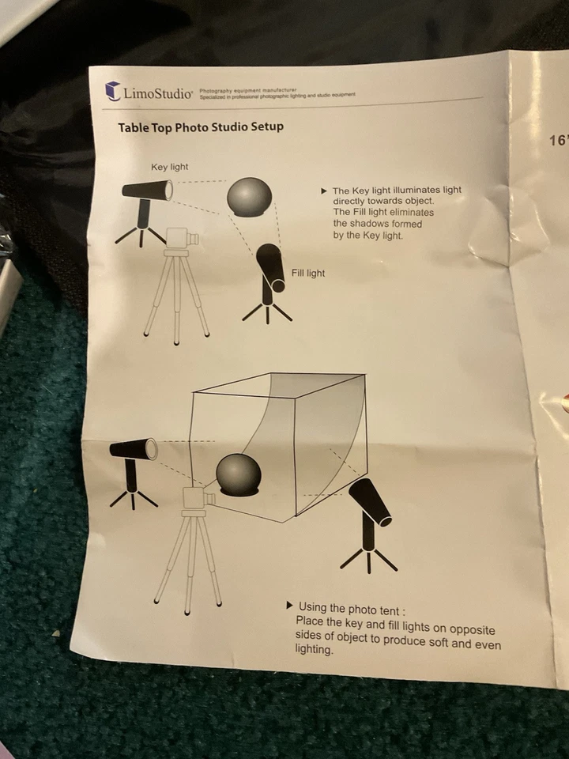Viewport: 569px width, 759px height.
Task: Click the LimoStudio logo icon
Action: click(113, 92)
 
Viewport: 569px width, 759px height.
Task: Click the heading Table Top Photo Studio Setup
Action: click(201, 126)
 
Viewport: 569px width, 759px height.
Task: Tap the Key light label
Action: click(170, 167)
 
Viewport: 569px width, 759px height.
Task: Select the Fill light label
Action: click(308, 273)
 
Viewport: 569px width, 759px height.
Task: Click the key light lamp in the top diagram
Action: click(148, 192)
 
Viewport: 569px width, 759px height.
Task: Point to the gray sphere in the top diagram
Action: click(250, 197)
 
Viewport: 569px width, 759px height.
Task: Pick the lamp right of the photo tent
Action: click(369, 501)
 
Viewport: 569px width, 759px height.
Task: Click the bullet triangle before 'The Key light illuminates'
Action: click(324, 191)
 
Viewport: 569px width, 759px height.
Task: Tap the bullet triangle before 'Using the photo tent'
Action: click(290, 606)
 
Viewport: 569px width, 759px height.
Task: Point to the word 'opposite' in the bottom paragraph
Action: click(470, 630)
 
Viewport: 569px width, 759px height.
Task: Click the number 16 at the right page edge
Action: click(559, 141)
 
